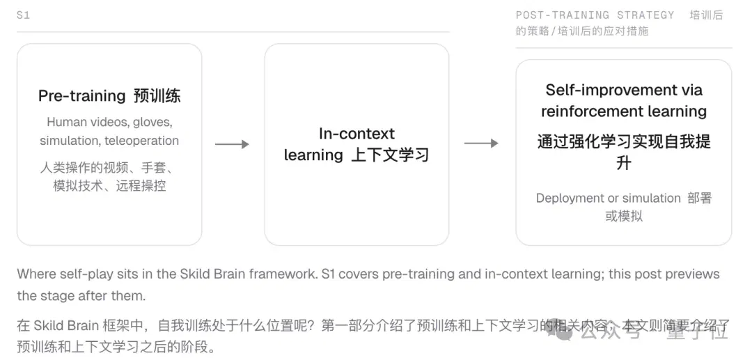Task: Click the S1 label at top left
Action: click(23, 15)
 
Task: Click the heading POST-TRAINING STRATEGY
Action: click(595, 15)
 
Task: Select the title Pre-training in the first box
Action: click(81, 96)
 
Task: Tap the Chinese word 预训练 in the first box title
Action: click(157, 96)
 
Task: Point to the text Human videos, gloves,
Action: click(109, 123)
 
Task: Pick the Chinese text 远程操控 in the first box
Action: click(141, 186)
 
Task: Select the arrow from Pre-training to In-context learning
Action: click(232, 144)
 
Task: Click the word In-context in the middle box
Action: click(357, 134)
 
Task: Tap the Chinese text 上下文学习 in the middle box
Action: click(390, 155)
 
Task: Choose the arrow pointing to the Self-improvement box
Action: click(481, 143)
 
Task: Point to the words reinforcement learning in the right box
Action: click(624, 111)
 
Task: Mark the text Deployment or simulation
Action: click(608, 198)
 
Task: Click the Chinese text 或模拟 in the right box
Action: click(624, 216)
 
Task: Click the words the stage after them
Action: click(81, 296)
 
